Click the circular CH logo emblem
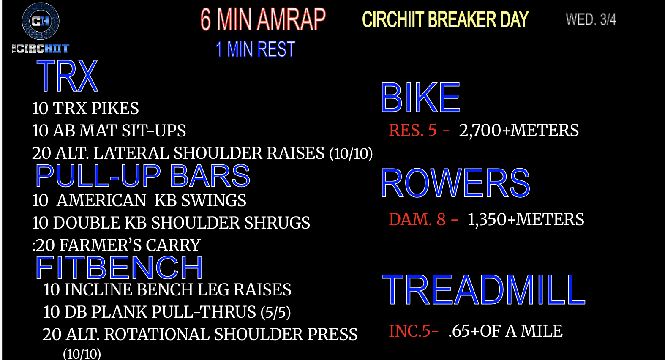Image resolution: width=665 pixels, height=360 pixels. pos(41,21)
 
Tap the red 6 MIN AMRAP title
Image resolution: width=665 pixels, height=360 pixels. pos(263,19)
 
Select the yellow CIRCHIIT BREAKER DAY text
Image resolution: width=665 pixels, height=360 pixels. pos(445,19)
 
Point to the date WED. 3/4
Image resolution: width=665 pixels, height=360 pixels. pos(591,19)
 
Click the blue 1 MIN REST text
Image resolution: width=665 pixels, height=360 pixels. pos(255,49)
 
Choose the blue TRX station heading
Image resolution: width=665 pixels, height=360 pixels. pos(67,76)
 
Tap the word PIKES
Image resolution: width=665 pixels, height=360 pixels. pos(115,108)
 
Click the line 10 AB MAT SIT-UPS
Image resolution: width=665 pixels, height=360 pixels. pos(109,131)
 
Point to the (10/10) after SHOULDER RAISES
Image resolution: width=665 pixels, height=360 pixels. pos(351,153)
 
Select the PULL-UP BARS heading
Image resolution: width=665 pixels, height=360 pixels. pos(143,176)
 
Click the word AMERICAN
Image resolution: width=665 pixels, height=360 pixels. pos(101,200)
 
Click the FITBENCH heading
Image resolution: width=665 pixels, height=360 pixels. pos(119,267)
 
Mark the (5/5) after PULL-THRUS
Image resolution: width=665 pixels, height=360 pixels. pos(276,312)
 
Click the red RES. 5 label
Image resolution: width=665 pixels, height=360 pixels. pos(413,130)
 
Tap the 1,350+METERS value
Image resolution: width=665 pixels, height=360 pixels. pos(526,220)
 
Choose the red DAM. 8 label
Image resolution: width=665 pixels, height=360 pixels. pos(417,220)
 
